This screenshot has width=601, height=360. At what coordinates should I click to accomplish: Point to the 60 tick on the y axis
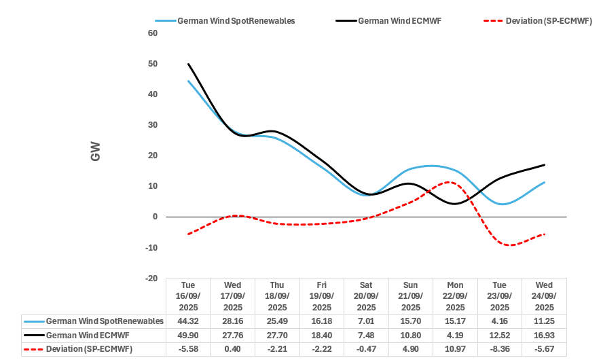(x=153, y=33)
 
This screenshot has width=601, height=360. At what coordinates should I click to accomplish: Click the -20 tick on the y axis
(x=151, y=278)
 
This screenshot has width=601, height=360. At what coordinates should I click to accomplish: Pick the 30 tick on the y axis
(x=153, y=125)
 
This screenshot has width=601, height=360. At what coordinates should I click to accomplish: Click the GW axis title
(x=96, y=156)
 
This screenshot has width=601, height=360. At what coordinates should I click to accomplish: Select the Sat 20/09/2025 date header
(x=366, y=296)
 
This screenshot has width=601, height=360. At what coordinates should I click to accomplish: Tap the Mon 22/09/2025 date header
(x=455, y=296)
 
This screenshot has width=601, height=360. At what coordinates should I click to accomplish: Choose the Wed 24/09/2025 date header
(x=544, y=296)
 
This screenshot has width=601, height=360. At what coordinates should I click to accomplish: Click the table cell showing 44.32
(x=188, y=321)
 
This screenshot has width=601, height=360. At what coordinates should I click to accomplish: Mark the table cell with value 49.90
(x=188, y=335)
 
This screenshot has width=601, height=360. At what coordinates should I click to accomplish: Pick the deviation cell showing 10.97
(x=455, y=349)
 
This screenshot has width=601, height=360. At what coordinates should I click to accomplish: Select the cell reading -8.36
(x=499, y=349)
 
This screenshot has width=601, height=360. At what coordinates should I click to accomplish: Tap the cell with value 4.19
(x=455, y=335)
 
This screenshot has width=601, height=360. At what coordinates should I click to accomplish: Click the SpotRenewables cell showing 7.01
(x=366, y=321)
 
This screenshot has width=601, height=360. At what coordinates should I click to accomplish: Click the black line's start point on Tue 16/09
(x=188, y=64)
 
